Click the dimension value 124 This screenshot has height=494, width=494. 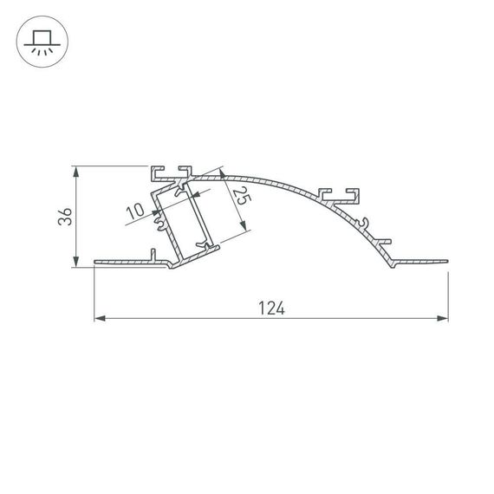pyautogui.click(x=270, y=307)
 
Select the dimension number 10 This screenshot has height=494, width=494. pyautogui.click(x=135, y=211)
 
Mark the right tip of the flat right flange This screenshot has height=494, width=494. pyautogui.click(x=447, y=258)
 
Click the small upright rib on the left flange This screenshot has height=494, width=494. pyautogui.click(x=153, y=254)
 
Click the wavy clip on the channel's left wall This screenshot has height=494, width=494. pyautogui.click(x=161, y=224)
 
